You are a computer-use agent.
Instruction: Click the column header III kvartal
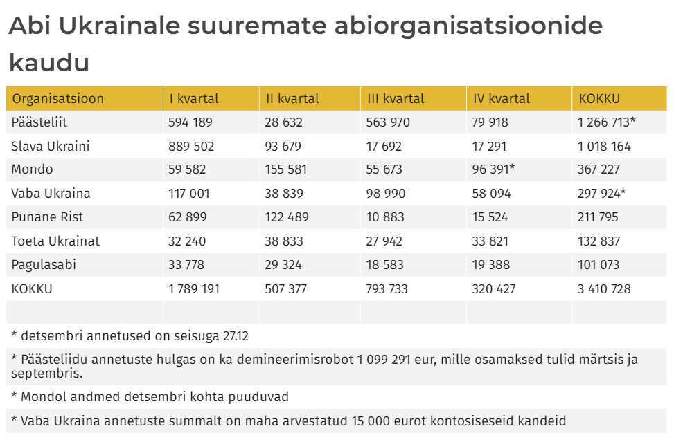[x=395, y=99]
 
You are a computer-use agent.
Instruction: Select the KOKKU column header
[x=599, y=99]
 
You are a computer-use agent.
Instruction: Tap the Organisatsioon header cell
[x=58, y=99]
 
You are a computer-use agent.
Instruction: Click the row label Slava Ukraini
[x=51, y=147]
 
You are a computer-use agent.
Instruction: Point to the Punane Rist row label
[x=47, y=217]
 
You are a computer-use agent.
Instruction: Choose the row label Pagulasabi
[x=44, y=265]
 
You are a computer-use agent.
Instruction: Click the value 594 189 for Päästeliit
[x=190, y=122]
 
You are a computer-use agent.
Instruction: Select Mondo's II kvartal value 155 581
[x=285, y=169]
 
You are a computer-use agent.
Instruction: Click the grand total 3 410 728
[x=604, y=289]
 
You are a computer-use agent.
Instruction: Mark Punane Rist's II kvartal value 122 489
[x=287, y=217]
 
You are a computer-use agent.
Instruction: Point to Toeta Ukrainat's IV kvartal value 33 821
[x=490, y=241]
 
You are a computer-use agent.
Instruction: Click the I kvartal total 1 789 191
[x=194, y=289]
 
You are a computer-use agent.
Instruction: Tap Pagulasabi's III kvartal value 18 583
[x=384, y=265]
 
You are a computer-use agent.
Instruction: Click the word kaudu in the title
[x=49, y=62]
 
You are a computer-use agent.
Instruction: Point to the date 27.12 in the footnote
[x=236, y=337]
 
